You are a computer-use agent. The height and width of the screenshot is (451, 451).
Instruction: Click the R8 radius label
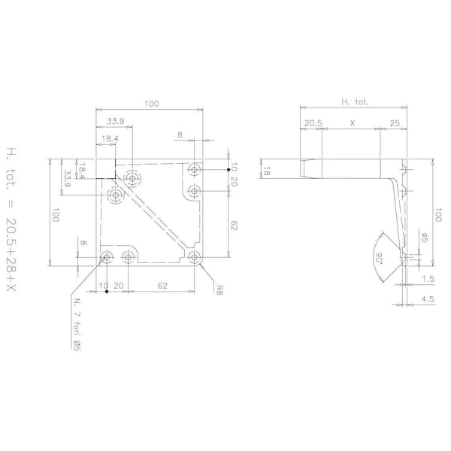pos(219,289)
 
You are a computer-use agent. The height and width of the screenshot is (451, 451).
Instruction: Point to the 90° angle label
pos(379,259)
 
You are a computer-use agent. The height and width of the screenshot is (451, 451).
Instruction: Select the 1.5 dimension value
pos(428,279)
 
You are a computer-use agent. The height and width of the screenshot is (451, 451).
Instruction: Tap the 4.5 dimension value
pos(428,299)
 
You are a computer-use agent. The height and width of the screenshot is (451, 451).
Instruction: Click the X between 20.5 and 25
pos(353,123)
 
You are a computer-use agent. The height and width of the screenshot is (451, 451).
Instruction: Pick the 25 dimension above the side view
pos(395,123)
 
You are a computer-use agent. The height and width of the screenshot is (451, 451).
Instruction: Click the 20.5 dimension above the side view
pos(313,123)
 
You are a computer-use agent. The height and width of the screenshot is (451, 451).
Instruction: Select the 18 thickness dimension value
pos(267,173)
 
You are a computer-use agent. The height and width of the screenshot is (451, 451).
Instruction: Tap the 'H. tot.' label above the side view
pos(355,101)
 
